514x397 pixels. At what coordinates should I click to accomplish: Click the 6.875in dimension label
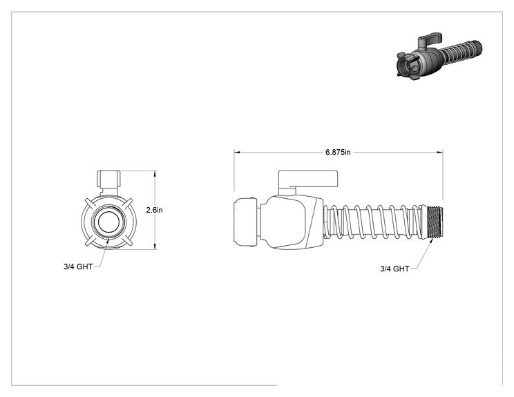[x=338, y=152]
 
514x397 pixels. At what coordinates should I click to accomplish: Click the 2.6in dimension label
[x=154, y=210]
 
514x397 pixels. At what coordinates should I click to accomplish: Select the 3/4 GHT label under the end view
[x=78, y=267]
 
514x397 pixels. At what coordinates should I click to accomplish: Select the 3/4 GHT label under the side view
[x=394, y=269]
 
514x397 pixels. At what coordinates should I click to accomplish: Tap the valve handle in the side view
[x=308, y=180]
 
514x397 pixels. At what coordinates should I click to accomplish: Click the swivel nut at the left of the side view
[x=245, y=222]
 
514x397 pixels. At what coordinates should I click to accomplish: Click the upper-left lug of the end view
[x=90, y=203]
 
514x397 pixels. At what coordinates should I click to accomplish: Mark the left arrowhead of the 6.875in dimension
[x=238, y=153]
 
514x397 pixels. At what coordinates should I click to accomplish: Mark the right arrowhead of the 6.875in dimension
[x=439, y=153]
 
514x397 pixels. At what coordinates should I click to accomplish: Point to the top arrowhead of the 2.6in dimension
[x=155, y=174]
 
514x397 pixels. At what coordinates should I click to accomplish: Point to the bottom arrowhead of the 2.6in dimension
[x=155, y=246]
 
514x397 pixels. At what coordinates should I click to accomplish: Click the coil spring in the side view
[x=374, y=222]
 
